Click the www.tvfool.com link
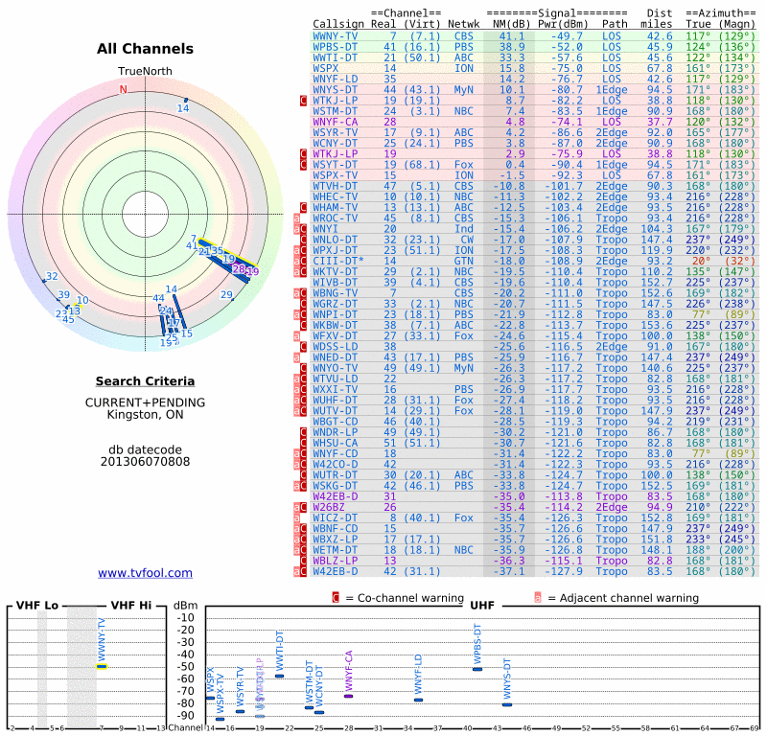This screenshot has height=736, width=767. [145, 573]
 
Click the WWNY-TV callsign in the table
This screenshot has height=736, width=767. [337, 35]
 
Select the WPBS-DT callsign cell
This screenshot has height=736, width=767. [337, 46]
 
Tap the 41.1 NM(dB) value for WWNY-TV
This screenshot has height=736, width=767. [511, 35]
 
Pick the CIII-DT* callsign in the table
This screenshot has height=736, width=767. [338, 260]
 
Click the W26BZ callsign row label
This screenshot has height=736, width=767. [328, 506]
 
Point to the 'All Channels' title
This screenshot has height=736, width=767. [145, 49]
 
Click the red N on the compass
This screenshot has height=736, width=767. [123, 90]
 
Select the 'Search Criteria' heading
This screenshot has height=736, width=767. [145, 381]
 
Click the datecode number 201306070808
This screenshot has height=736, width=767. [145, 461]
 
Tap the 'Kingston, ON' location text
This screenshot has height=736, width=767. [145, 414]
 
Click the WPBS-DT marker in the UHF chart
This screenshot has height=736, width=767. [477, 668]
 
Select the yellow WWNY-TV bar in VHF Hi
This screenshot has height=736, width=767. [102, 666]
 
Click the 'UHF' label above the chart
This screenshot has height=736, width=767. [482, 606]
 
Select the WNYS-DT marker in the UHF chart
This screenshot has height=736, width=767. [507, 704]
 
